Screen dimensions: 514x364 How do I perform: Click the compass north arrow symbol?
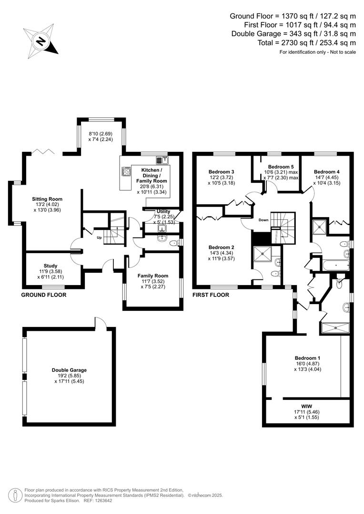point(40,41)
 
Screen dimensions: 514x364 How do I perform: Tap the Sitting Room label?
point(47,199)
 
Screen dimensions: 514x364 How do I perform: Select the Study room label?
point(51,266)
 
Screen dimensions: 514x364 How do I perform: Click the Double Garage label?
point(69,370)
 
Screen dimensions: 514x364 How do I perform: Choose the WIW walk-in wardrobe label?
point(306,406)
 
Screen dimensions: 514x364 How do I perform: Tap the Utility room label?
point(163,211)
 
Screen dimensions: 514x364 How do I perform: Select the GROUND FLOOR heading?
point(44,295)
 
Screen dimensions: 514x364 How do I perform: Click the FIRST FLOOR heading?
point(211,295)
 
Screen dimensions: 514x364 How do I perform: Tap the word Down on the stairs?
point(263,220)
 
